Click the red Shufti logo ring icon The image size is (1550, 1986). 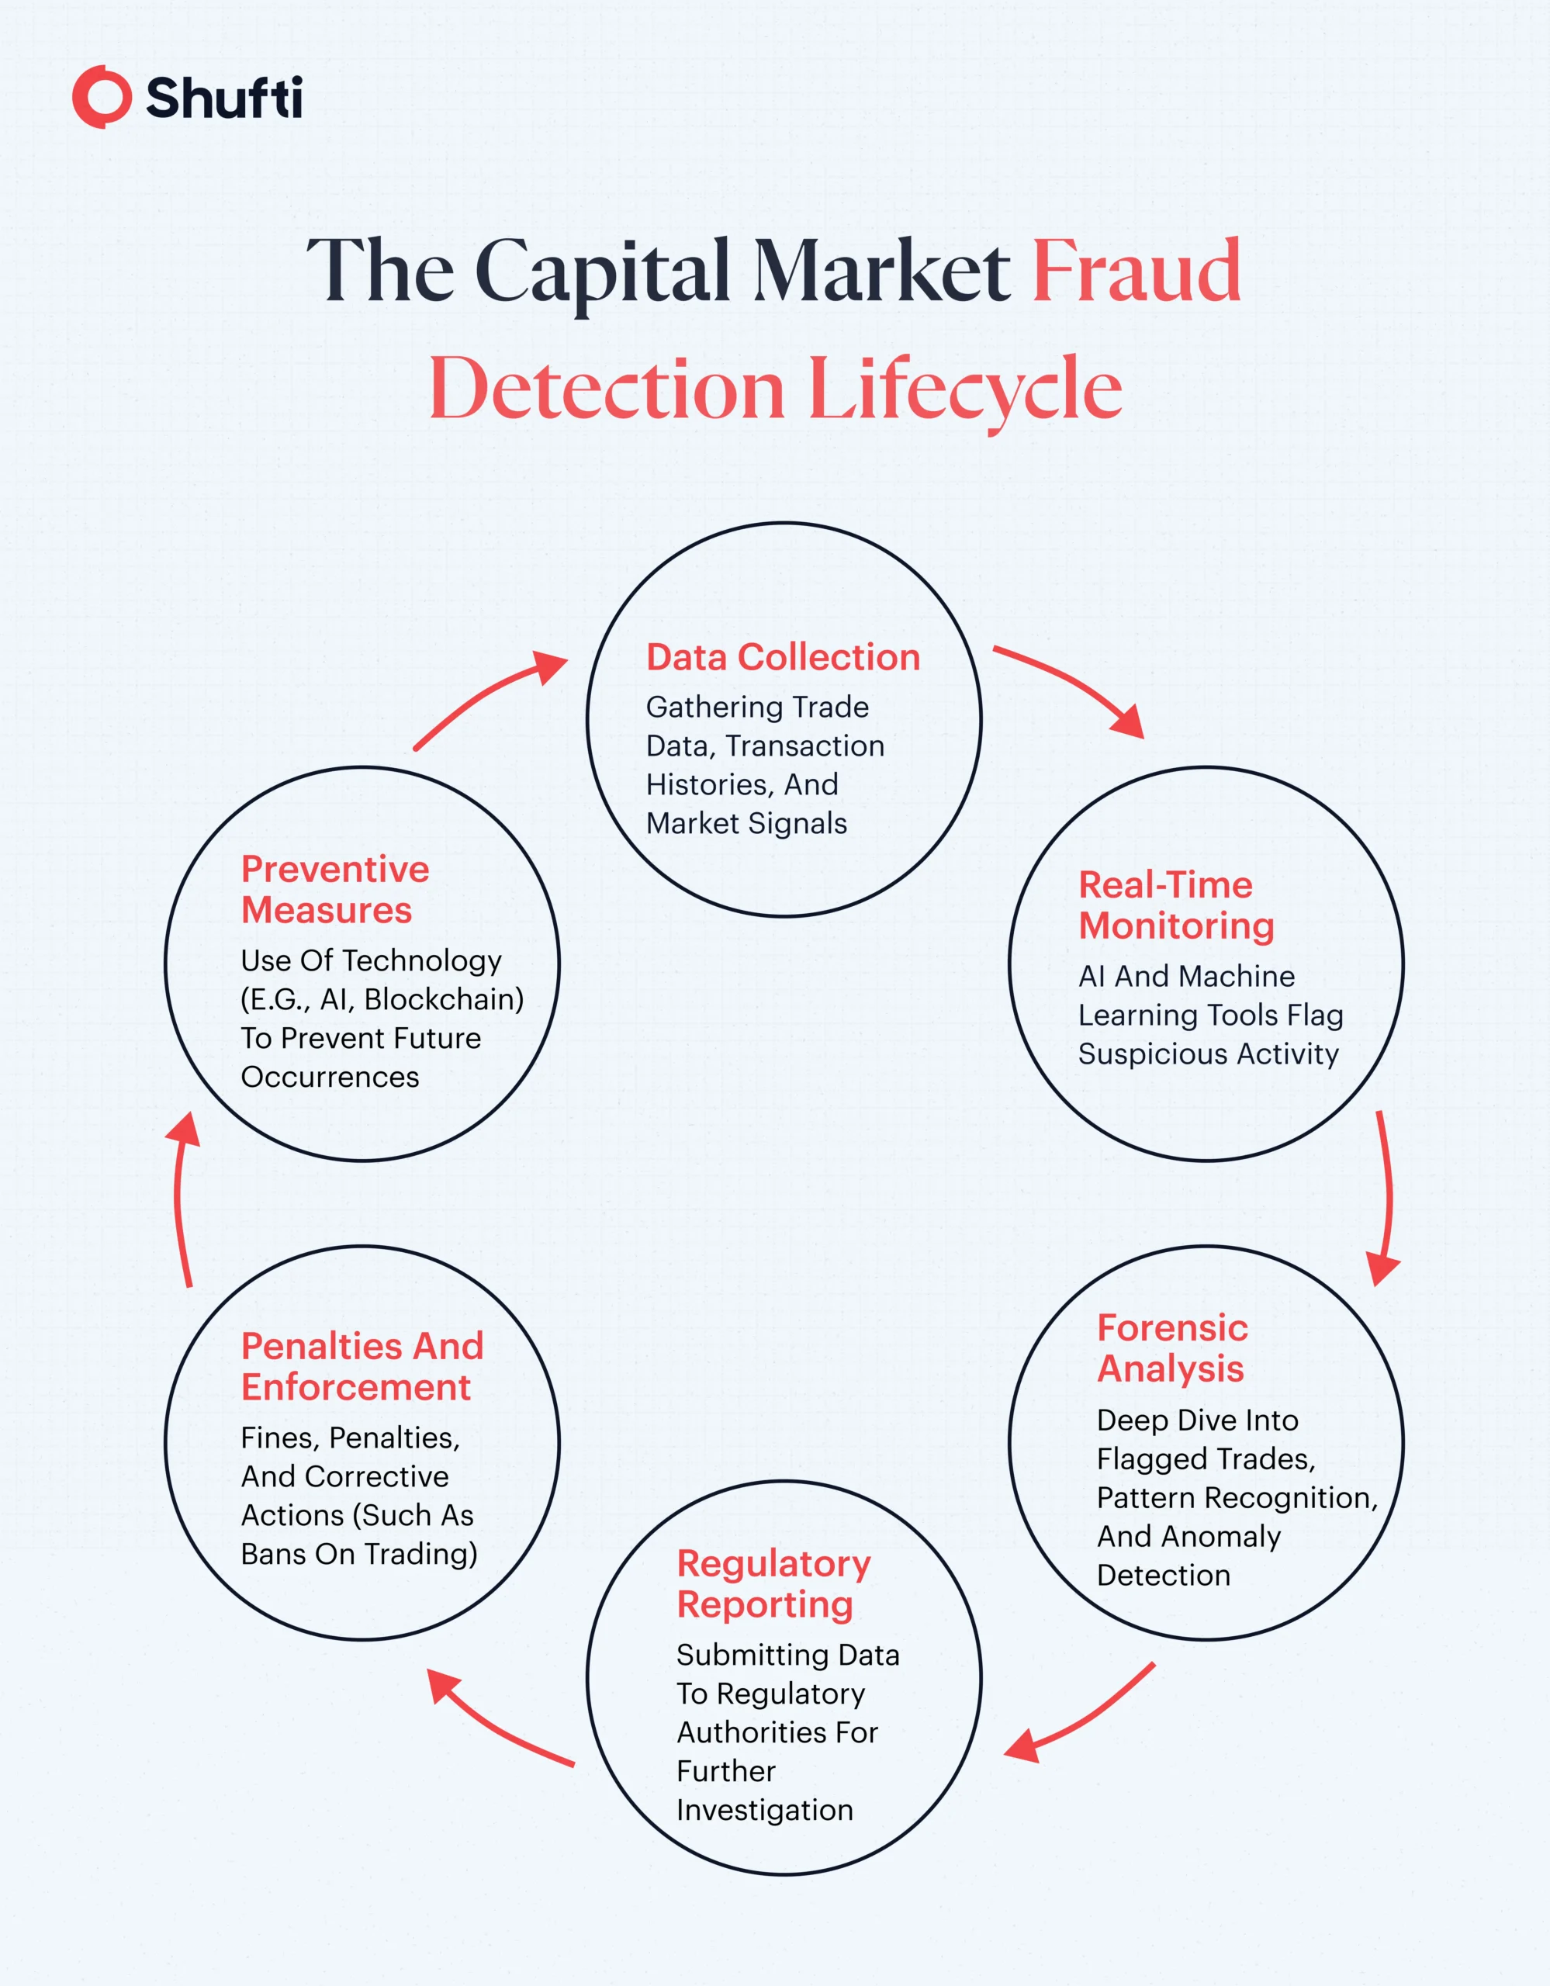tap(102, 96)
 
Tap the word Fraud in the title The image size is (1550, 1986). tap(1136, 270)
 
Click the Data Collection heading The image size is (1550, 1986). tap(783, 656)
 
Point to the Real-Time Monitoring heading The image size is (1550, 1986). tap(1175, 905)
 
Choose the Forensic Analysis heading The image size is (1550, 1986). tap(1172, 1348)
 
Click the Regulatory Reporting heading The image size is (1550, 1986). tap(773, 1583)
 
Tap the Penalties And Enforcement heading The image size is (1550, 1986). tap(362, 1366)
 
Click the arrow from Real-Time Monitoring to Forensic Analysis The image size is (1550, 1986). tap(1386, 1195)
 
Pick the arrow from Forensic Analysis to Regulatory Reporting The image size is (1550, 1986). tap(1081, 1717)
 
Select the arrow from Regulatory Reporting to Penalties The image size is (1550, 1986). tap(496, 1723)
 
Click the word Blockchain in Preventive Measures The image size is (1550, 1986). tap(444, 999)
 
